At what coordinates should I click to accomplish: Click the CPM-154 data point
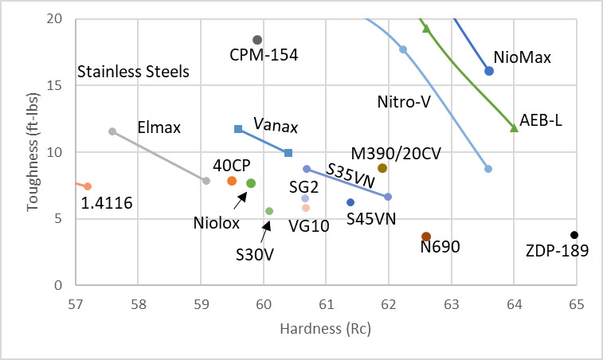tap(257, 40)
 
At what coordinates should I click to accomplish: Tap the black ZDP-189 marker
tap(574, 235)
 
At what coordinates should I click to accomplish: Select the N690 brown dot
tap(426, 237)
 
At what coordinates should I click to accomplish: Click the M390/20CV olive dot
tap(382, 168)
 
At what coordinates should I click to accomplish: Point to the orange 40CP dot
tap(232, 181)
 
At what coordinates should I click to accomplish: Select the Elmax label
tap(159, 127)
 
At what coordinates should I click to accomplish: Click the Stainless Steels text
tap(133, 72)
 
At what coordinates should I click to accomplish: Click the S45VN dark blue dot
tap(350, 202)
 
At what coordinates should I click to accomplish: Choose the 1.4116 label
tap(107, 204)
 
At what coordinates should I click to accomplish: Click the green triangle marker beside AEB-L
tap(514, 127)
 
